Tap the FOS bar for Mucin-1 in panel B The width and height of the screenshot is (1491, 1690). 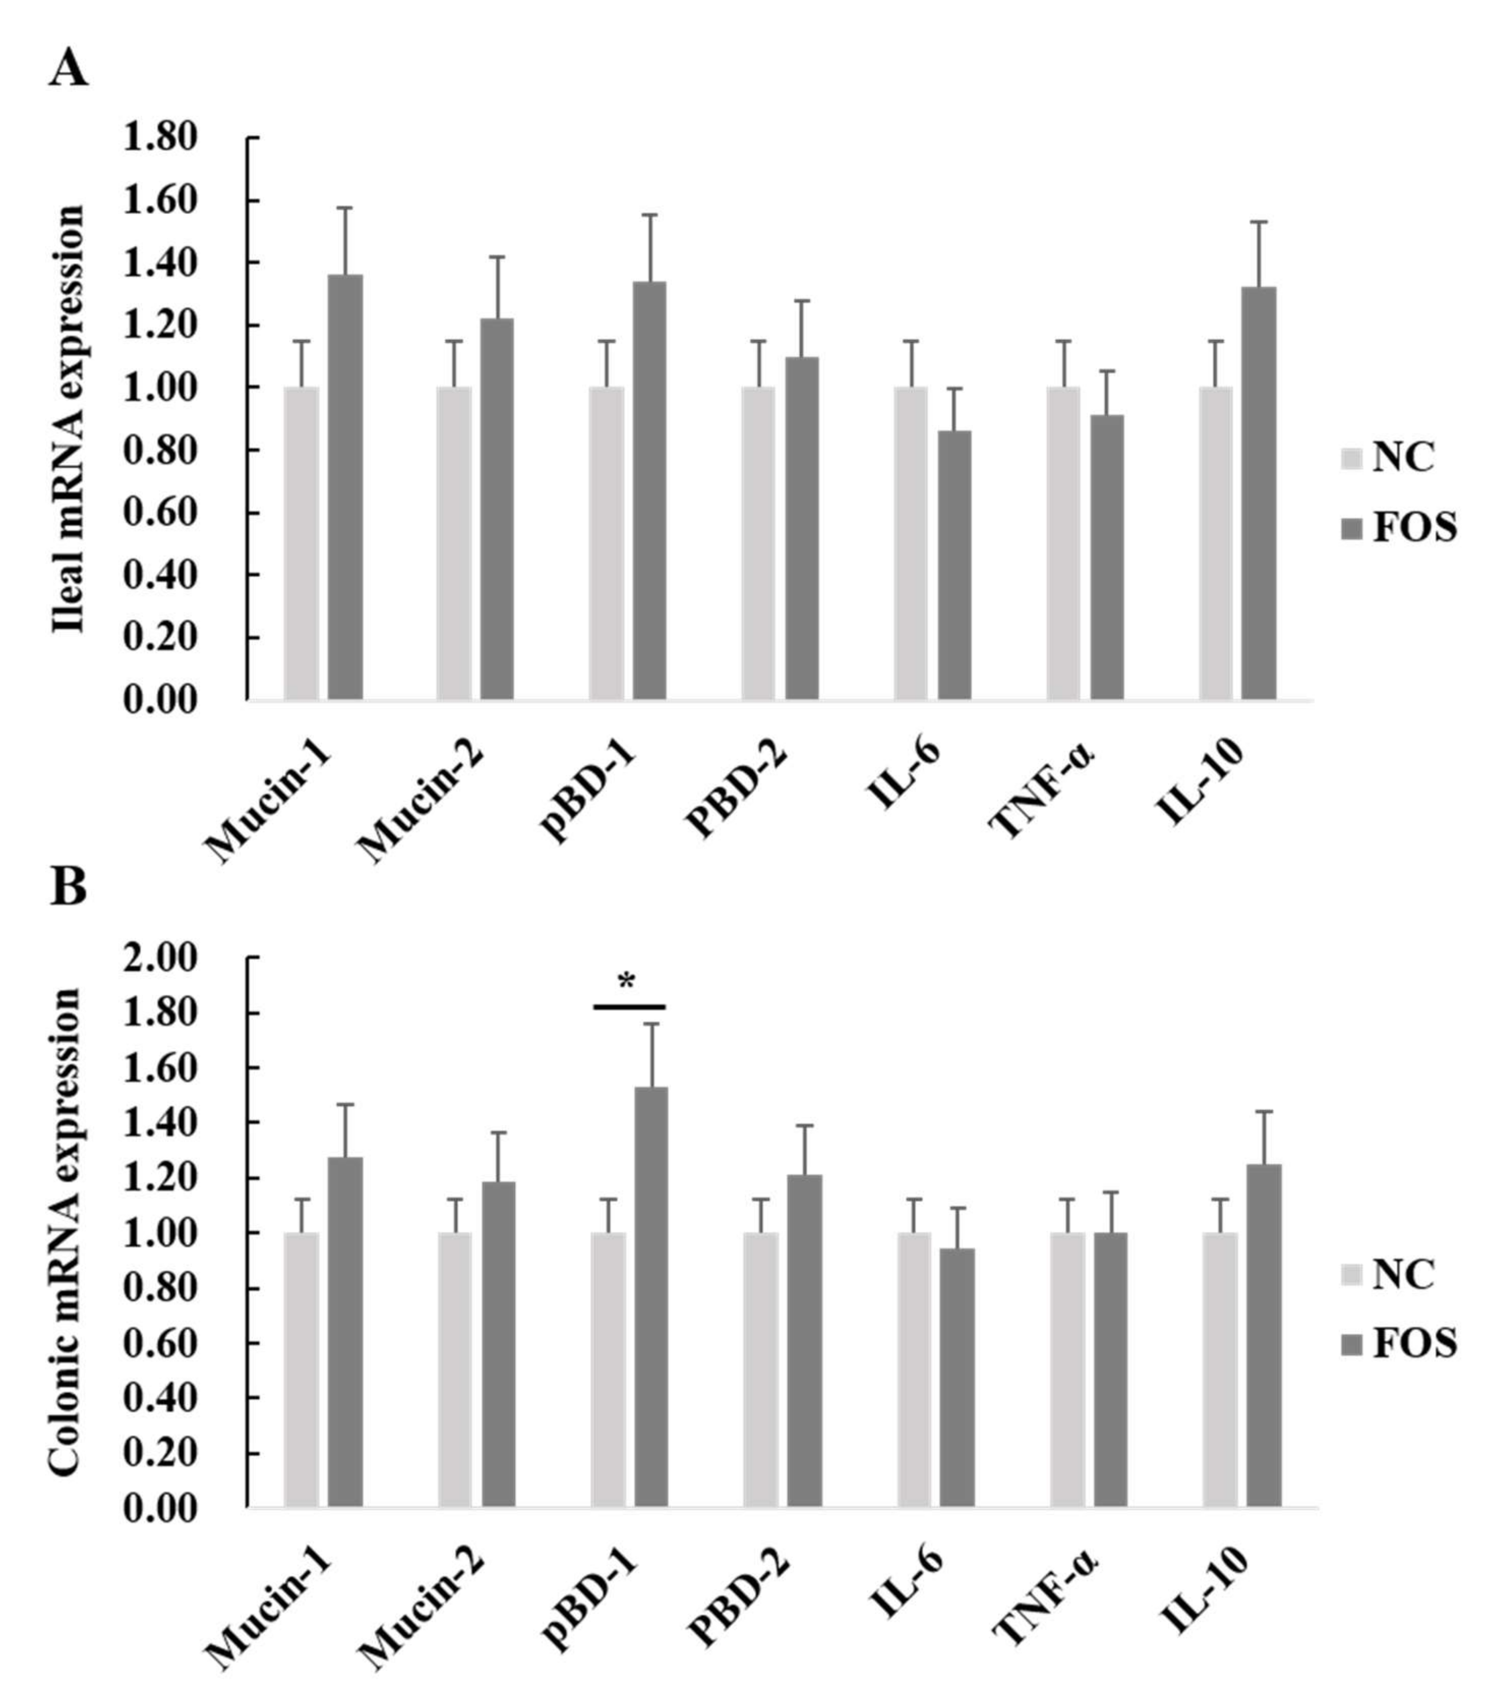[345, 1331]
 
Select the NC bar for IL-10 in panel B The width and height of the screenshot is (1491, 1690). [1220, 1368]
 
